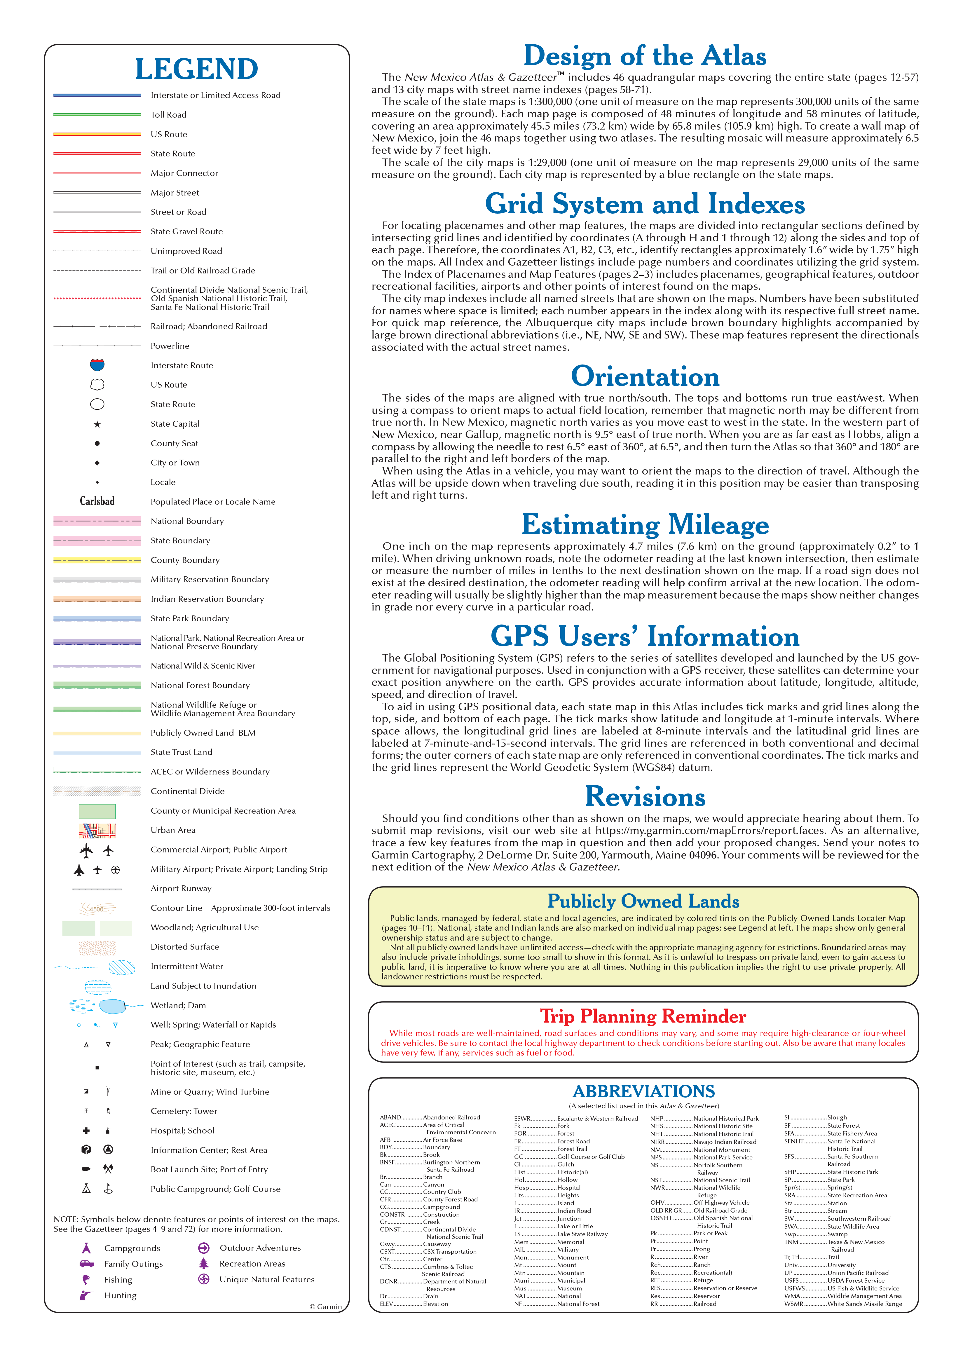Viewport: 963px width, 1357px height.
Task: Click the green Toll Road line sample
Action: [97, 114]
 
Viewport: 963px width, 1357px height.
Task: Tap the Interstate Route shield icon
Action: [97, 364]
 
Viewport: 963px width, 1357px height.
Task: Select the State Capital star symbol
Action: [97, 424]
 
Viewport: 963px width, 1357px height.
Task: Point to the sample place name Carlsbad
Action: [97, 501]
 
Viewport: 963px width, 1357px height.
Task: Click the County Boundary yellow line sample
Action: [97, 560]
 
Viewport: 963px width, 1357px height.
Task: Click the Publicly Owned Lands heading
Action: [643, 901]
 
